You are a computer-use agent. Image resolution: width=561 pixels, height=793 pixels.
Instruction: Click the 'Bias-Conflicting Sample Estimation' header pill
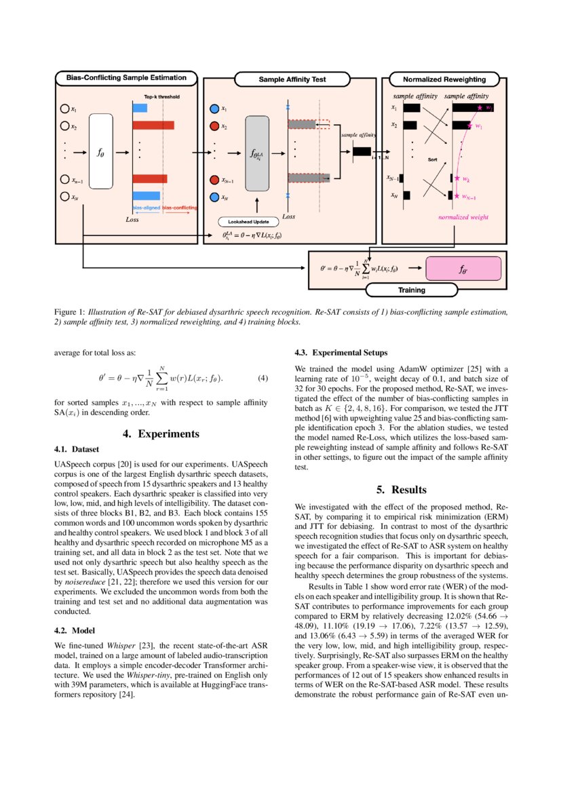tap(126, 78)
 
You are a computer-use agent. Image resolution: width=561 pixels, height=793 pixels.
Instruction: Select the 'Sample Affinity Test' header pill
tap(292, 79)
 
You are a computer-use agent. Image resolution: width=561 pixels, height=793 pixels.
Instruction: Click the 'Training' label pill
tap(411, 290)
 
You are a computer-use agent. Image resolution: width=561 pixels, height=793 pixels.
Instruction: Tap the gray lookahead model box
tap(258, 152)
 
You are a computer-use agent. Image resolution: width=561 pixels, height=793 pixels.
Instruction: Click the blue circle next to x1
tap(214, 109)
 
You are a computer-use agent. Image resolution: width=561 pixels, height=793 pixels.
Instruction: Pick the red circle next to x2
tap(214, 126)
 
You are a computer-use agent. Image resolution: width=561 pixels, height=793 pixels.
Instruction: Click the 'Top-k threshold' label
tap(161, 97)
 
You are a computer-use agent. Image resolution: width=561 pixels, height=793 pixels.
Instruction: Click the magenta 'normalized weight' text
tap(463, 218)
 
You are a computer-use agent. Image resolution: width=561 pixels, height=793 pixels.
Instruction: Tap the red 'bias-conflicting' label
tap(180, 207)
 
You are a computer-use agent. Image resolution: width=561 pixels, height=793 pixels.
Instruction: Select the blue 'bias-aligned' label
tap(145, 207)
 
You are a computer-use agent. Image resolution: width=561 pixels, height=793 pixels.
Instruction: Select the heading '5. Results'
tap(401, 489)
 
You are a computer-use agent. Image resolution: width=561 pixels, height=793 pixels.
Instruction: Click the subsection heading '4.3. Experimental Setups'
tap(341, 353)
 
